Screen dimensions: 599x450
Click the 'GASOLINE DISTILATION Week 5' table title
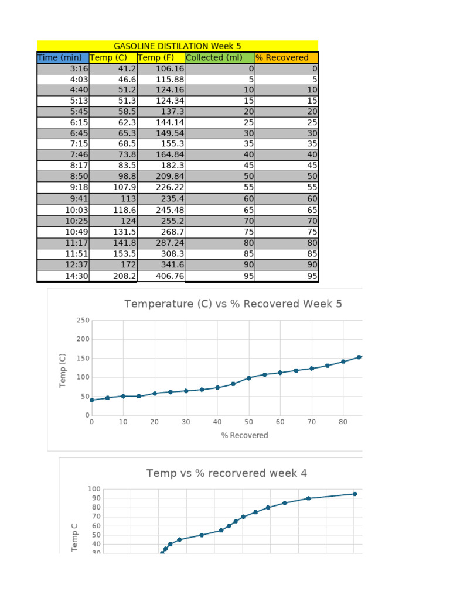pos(177,46)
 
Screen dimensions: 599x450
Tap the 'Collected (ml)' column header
pos(212,57)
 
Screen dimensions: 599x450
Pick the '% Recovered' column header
pos(282,57)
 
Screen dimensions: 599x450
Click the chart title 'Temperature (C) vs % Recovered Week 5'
pos(233,304)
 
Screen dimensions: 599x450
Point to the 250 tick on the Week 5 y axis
pos(83,321)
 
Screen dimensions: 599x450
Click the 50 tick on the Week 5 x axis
pos(248,421)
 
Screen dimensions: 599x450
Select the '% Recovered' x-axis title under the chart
pos(244,435)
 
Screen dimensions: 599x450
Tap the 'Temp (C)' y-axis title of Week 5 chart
pos(63,370)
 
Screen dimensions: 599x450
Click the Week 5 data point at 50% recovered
pos(249,378)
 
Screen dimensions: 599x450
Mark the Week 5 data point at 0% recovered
pos(92,400)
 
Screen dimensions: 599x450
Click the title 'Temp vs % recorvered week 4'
pos(227,473)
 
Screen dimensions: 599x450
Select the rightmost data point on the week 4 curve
pos(354,494)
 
